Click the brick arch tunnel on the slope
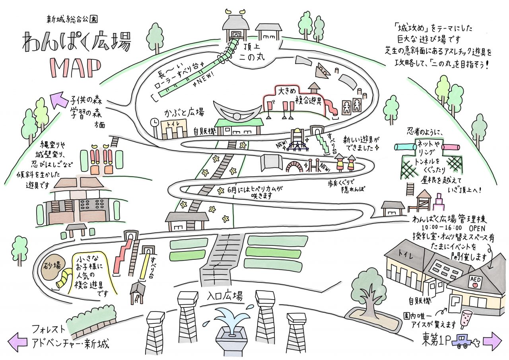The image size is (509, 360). pos(295,167)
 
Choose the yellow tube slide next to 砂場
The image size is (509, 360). pos(64,279)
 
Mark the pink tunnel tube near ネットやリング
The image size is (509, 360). pos(451,148)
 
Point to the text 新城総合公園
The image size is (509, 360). pos(72,19)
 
